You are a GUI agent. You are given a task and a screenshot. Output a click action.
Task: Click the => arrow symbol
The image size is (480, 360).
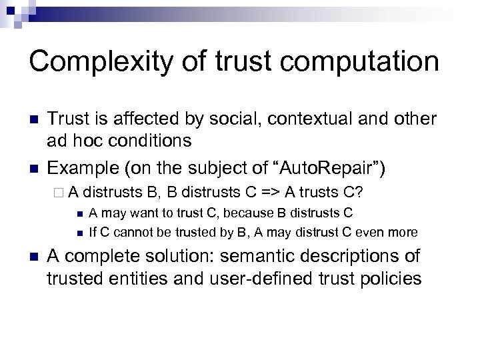click(269, 193)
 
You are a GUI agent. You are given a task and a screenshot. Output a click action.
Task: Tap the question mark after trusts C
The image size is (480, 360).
click(359, 193)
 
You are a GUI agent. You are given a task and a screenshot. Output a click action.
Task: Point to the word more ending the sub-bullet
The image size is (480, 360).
click(403, 233)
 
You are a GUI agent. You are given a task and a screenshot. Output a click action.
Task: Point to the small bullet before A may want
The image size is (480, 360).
click(79, 214)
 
